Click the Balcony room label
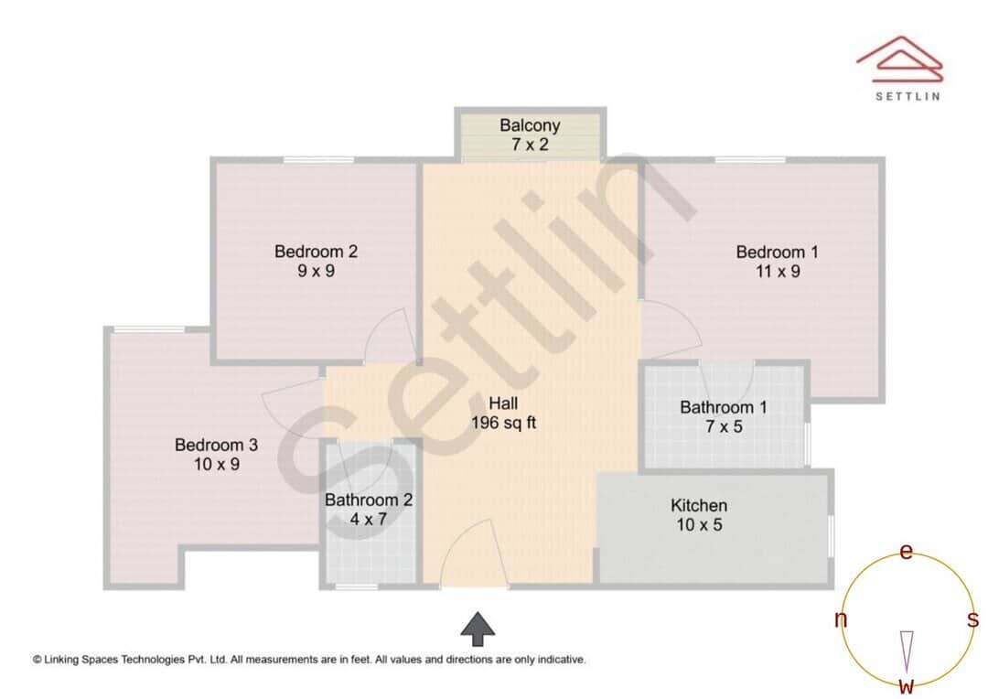coord(530,125)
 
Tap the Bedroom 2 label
coord(316,252)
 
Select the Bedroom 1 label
coord(777,252)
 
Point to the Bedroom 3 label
coord(216,446)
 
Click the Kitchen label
coord(699,505)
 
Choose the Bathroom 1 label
coord(723,407)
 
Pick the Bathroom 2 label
coord(369,500)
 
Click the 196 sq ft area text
coord(503,423)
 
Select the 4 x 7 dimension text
coord(369,520)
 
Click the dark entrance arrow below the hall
coord(477,629)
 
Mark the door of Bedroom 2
coord(388,337)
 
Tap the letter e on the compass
coord(907,552)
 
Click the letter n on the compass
coord(841,620)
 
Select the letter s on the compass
coord(973,620)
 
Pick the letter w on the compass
coord(907,686)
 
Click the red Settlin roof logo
coord(900,57)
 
